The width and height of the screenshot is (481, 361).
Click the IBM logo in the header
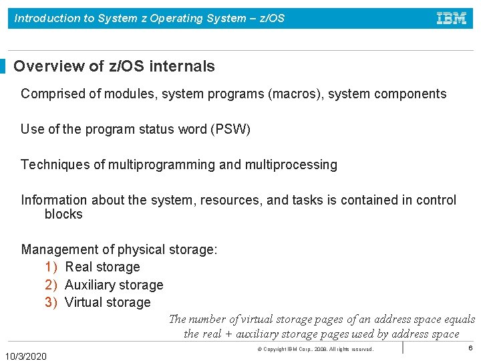point(452,18)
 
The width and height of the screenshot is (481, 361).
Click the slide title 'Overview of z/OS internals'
point(114,66)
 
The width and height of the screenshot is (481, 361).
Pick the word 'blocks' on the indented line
point(63,215)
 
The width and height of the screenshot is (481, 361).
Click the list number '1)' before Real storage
point(51,267)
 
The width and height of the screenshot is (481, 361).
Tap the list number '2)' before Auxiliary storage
point(51,285)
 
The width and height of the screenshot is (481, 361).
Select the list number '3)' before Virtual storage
point(51,302)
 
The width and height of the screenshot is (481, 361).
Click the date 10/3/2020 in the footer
point(26,356)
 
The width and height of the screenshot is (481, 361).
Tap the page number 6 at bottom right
point(470,348)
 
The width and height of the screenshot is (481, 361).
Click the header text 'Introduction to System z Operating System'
point(130,19)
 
